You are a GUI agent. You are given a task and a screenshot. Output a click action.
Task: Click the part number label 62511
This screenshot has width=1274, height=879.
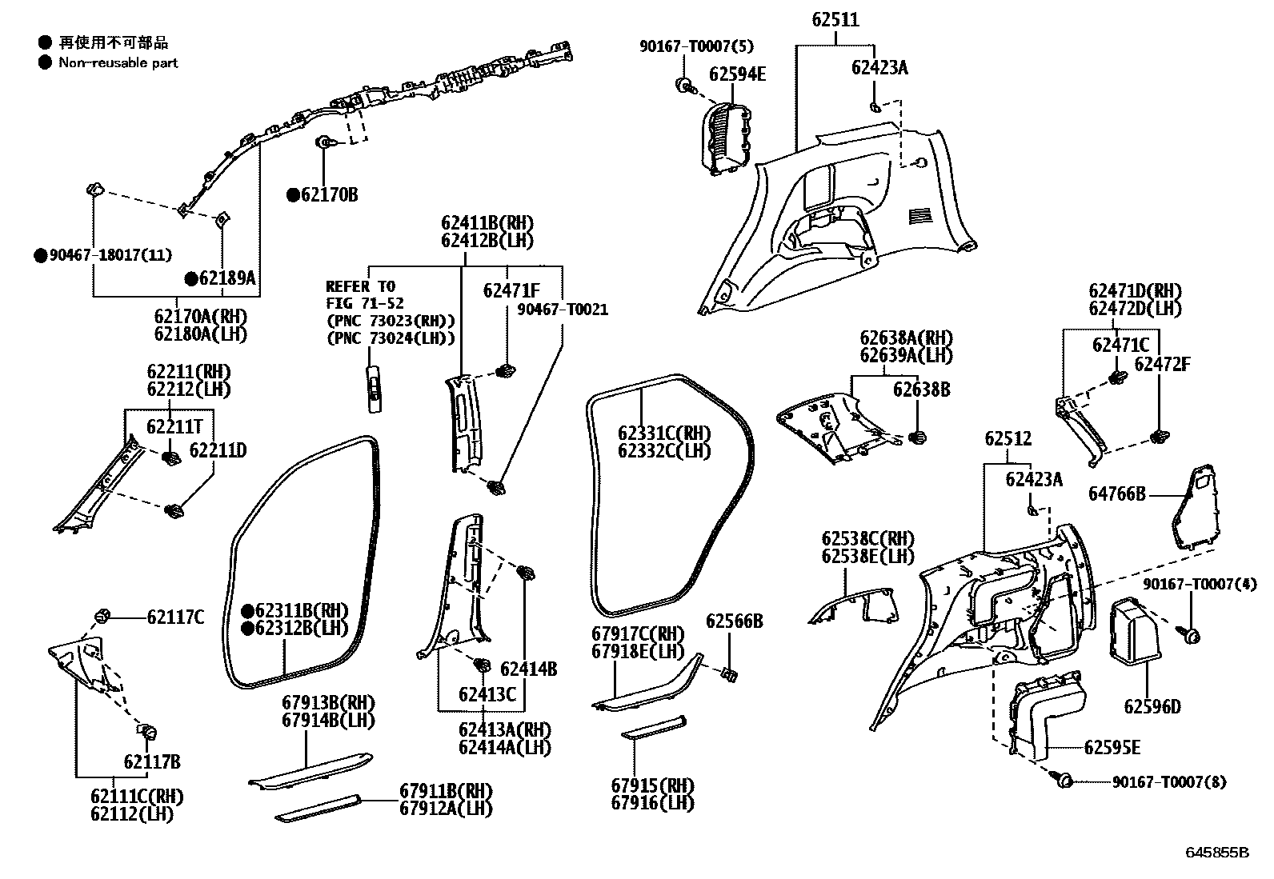tap(835, 20)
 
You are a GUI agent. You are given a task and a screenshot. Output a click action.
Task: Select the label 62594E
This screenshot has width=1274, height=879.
tap(737, 74)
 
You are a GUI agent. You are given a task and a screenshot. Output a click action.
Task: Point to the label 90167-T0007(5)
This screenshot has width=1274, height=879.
tap(696, 46)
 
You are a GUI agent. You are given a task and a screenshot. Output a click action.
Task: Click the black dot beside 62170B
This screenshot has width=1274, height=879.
tap(293, 194)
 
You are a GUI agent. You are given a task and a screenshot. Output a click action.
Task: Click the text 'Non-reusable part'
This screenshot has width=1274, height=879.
tap(118, 62)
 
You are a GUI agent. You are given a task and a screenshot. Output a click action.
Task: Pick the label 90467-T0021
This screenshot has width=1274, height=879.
tap(563, 310)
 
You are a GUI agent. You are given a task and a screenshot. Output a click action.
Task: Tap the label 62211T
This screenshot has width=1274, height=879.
tap(174, 426)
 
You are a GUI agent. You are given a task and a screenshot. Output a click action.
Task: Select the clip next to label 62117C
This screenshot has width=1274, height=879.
tap(102, 616)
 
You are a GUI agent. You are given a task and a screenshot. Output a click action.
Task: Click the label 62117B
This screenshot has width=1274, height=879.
tap(152, 761)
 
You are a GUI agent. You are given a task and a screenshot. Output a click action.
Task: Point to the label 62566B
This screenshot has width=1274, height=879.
tap(734, 621)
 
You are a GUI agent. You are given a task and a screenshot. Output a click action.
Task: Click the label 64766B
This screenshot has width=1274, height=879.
tap(1117, 494)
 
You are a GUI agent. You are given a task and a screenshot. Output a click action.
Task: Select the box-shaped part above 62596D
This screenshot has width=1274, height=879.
tap(1136, 630)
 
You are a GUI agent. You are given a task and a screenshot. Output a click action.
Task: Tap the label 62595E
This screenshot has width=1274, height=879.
tap(1112, 748)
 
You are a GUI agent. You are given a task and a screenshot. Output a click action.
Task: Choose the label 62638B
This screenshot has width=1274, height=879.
tap(922, 390)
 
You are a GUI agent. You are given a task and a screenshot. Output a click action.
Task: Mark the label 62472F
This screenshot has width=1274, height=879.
tap(1162, 365)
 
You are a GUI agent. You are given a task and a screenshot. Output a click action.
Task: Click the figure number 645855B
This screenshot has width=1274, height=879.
tap(1217, 853)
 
